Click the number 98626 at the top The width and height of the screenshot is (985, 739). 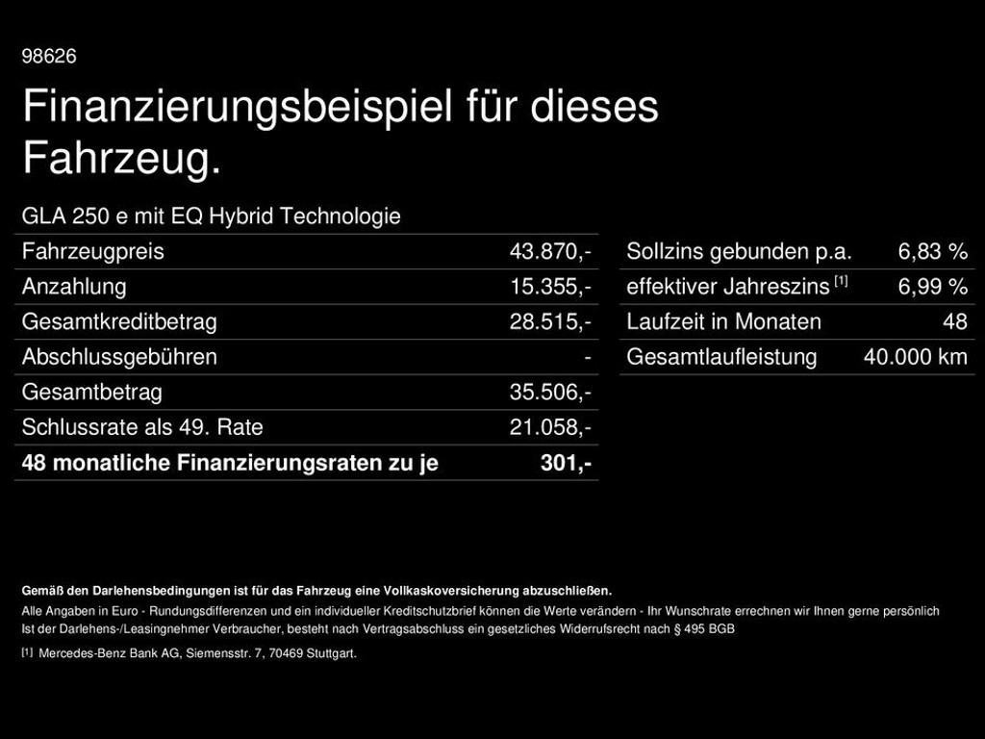[x=49, y=57]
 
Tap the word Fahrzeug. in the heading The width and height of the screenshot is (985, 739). [x=121, y=159]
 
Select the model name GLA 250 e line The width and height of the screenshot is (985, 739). [x=211, y=217]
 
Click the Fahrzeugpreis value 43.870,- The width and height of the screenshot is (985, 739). [x=550, y=252]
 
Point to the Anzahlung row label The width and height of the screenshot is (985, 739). [x=74, y=287]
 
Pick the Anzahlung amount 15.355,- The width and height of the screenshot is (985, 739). [x=550, y=287]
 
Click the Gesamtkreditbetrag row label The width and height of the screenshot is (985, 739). [x=119, y=321]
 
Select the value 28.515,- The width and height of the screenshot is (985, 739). [x=550, y=321]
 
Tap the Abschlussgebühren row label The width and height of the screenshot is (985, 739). [x=119, y=357]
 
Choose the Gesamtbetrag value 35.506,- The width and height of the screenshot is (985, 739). [x=550, y=393]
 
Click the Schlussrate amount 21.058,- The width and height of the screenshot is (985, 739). [x=550, y=427]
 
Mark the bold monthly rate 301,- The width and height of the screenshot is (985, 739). [x=566, y=463]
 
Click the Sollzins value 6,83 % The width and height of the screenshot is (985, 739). [x=932, y=252]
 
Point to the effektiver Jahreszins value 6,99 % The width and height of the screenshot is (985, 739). [x=932, y=287]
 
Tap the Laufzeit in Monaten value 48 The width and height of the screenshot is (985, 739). [x=955, y=321]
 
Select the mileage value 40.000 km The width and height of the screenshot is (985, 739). [x=915, y=357]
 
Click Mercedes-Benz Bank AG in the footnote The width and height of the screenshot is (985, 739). [x=96, y=653]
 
